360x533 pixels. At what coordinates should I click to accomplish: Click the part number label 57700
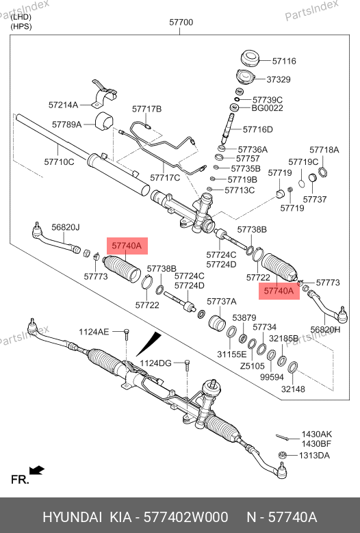point(181,23)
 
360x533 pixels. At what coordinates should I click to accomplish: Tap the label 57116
point(284,61)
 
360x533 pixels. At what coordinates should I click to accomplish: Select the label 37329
point(279,79)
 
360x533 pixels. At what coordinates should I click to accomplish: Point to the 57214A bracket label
point(63,105)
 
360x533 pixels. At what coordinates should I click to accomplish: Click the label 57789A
point(66,125)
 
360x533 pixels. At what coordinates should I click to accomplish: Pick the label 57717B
point(147,109)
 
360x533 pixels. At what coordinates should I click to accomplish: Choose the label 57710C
point(59,161)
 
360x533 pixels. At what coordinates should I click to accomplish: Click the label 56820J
point(66,227)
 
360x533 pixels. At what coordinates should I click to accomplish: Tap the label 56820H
point(325,329)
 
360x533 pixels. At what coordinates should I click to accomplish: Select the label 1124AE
point(94,332)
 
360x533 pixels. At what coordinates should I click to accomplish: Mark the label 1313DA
point(314,456)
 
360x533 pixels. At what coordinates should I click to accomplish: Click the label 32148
point(293,389)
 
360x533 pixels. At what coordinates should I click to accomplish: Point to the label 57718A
point(324,150)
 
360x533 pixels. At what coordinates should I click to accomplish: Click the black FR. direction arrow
point(37,471)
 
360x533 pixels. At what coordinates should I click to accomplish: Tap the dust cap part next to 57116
point(250,59)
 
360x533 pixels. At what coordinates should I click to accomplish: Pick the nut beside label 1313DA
point(282,454)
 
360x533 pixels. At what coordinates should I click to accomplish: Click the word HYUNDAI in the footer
point(72,517)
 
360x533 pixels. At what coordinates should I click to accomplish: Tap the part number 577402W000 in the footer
point(185,517)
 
